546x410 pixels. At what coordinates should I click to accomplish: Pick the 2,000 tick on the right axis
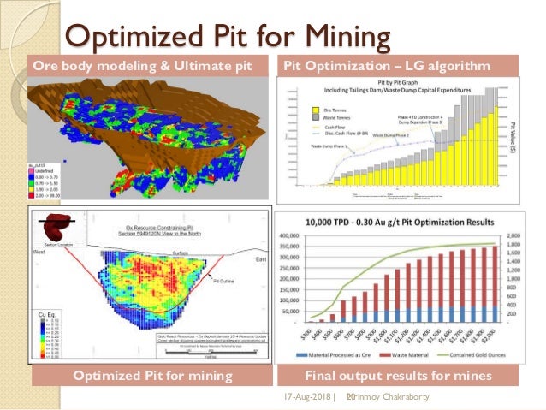tap(513, 234)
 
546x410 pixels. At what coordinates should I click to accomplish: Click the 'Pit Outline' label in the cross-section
tap(225, 279)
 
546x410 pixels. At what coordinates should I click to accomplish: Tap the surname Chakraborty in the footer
tap(410, 398)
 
